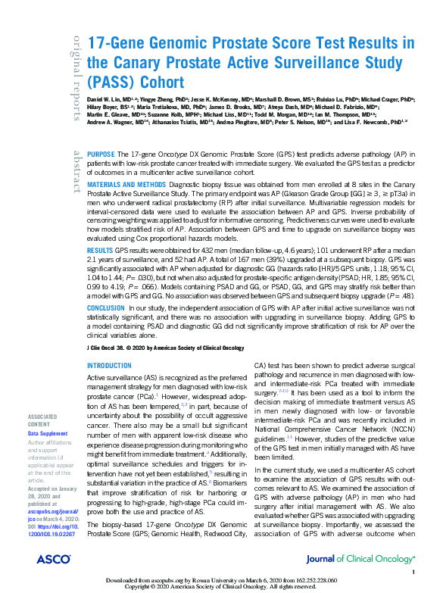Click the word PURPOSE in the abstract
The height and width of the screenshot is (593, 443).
(102, 152)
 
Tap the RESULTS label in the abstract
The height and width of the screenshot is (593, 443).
(101, 248)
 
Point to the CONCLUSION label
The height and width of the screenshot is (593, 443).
(107, 308)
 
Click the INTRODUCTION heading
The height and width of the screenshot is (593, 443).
(110, 365)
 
